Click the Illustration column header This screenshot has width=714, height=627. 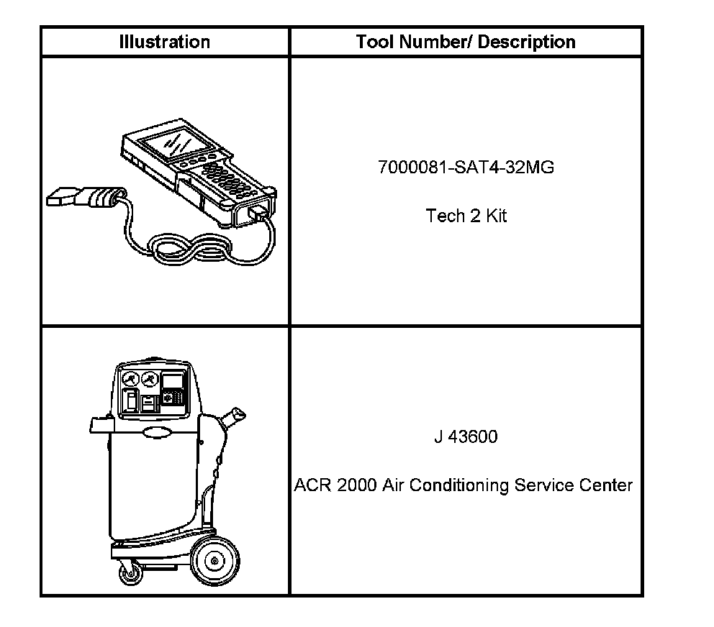point(164,42)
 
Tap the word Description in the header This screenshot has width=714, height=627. point(527,42)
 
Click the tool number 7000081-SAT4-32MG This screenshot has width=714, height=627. point(466,168)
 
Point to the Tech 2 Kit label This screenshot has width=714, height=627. point(466,216)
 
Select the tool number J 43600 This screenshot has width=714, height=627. point(465,436)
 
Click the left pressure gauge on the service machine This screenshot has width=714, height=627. point(130,379)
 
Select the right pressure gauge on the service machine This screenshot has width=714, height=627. point(150,379)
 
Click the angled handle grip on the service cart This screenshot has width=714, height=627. point(236,416)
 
